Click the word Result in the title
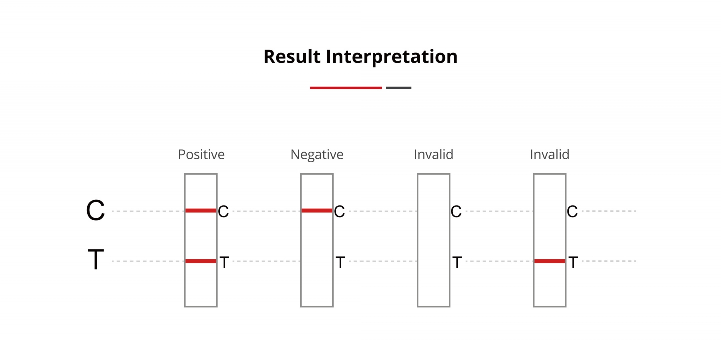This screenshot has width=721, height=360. [x=292, y=57]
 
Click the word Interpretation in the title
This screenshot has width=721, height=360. [x=392, y=57]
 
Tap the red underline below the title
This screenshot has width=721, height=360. [x=345, y=88]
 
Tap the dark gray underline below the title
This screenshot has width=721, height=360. [x=398, y=88]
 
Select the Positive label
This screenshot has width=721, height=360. [x=201, y=155]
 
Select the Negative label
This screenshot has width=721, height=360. [x=317, y=155]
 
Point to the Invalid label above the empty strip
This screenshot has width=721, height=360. [x=433, y=155]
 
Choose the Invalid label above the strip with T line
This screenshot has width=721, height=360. [x=549, y=155]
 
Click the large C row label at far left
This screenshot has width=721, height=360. [x=95, y=210]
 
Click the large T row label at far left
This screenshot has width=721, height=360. [x=96, y=259]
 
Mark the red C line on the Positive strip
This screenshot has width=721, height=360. [x=201, y=211]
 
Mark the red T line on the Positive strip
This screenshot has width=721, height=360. [x=201, y=261]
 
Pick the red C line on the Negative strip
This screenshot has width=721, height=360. [x=317, y=211]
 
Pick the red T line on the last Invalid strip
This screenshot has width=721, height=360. [x=549, y=261]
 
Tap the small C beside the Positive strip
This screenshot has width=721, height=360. [x=223, y=212]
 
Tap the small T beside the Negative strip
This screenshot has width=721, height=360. [x=340, y=262]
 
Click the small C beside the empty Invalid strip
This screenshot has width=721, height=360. [x=456, y=212]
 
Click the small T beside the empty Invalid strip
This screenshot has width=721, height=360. [x=457, y=262]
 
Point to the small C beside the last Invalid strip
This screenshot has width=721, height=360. [x=572, y=212]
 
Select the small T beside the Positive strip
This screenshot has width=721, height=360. [x=224, y=262]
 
